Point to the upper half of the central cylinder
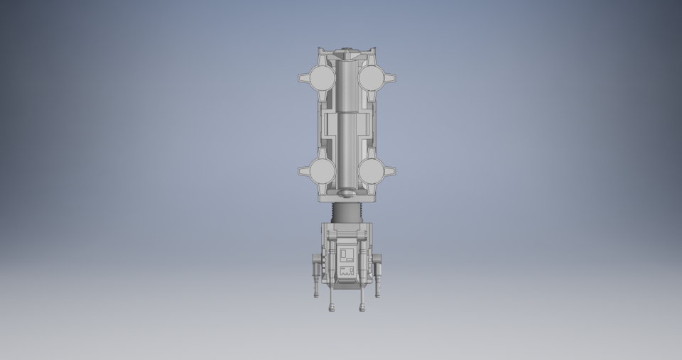pyautogui.click(x=346, y=85)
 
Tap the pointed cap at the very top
pyautogui.click(x=346, y=51)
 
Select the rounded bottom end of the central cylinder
pyautogui.click(x=346, y=192)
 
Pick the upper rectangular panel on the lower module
pyautogui.click(x=347, y=254)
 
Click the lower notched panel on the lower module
pyautogui.click(x=347, y=271)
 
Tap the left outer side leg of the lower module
pyautogui.click(x=315, y=273)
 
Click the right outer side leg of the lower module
pyautogui.click(x=378, y=273)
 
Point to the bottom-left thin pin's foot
pyautogui.click(x=331, y=309)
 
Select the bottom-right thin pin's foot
pyautogui.click(x=362, y=309)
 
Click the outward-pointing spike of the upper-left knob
pyautogui.click(x=301, y=77)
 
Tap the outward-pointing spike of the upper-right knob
pyautogui.click(x=391, y=77)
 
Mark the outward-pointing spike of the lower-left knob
pyautogui.click(x=301, y=171)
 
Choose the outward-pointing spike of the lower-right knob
pyautogui.click(x=391, y=171)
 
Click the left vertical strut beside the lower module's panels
pyautogui.click(x=329, y=259)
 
